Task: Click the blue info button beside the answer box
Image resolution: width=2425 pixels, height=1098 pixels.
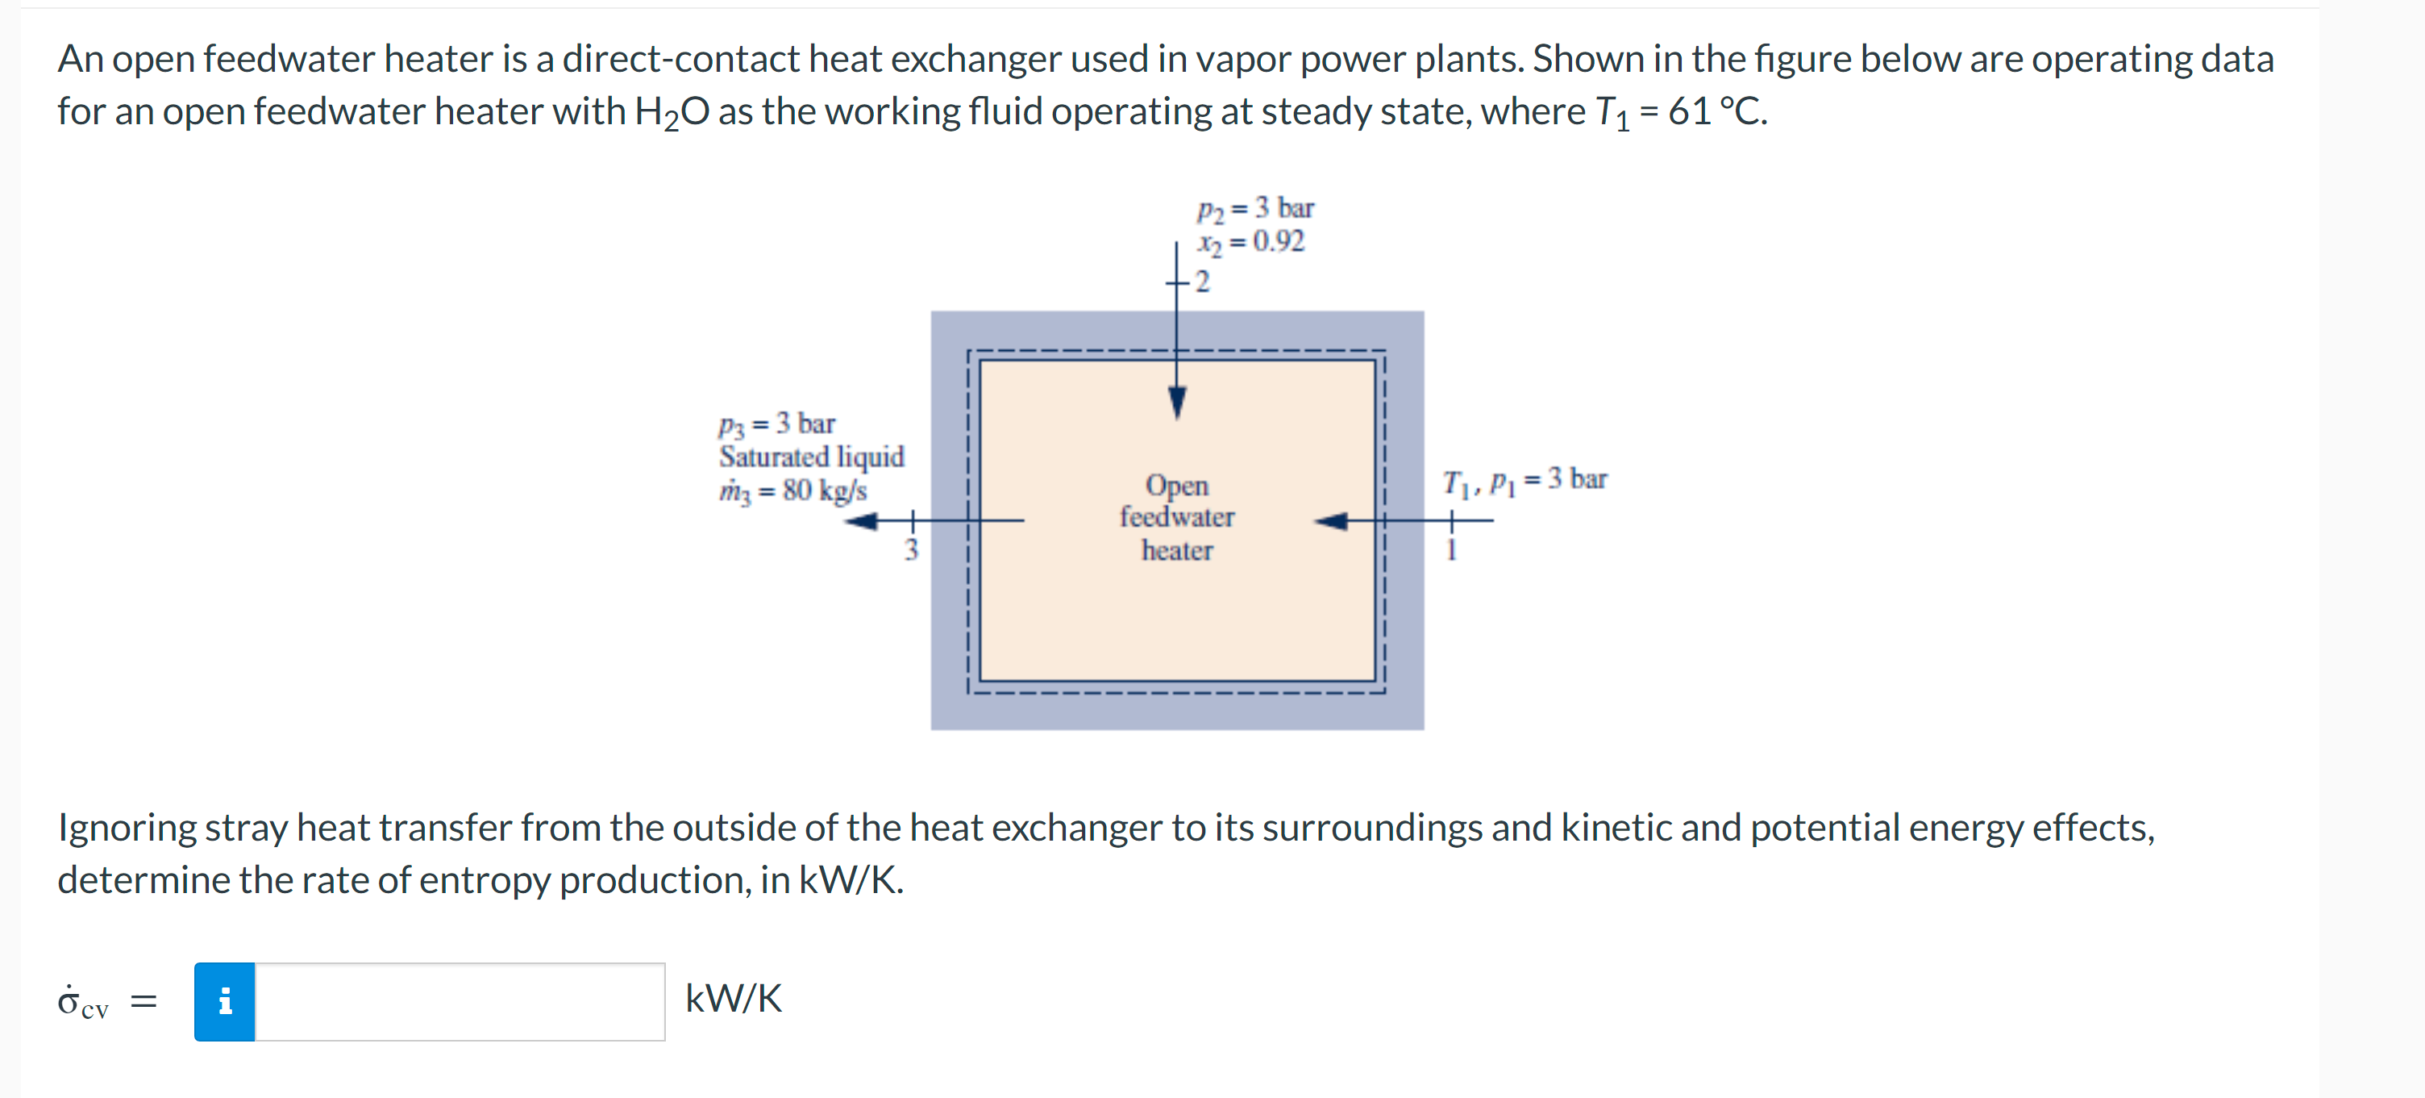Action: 224,1001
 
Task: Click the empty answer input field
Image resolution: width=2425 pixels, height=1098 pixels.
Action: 460,1001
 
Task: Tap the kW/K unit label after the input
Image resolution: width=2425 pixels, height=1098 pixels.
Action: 732,998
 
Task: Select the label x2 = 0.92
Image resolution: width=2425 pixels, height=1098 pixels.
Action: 1250,242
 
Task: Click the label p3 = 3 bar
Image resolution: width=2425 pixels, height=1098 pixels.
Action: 776,424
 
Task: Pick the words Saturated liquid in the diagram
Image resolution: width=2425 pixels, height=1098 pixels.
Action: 812,457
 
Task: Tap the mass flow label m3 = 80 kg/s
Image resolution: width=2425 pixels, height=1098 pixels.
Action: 792,491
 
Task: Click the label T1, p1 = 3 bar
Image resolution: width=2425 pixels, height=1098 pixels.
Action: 1524,479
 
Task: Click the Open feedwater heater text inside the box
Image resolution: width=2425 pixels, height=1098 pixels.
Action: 1177,517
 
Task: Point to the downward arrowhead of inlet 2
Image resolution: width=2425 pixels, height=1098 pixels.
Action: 1177,402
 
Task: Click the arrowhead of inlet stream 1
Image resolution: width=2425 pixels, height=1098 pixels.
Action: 1330,520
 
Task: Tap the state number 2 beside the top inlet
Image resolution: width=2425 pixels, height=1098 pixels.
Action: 1202,282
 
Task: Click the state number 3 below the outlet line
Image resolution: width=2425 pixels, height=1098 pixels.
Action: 910,550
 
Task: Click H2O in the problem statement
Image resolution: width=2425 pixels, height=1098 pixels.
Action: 672,112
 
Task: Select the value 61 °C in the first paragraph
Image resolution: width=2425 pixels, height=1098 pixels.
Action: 1717,112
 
